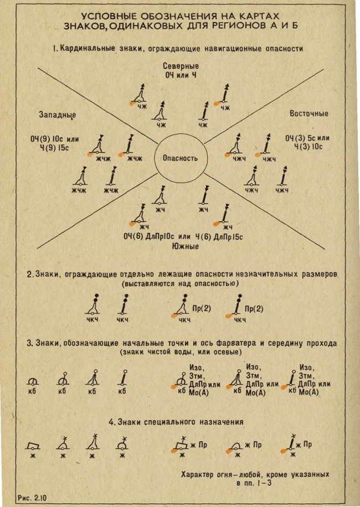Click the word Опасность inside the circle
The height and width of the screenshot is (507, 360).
click(x=180, y=158)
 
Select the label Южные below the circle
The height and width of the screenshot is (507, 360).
click(x=185, y=246)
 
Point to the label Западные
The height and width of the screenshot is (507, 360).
click(x=57, y=114)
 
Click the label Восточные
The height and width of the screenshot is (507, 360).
click(x=308, y=113)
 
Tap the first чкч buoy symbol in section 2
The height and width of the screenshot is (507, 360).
click(x=95, y=306)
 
